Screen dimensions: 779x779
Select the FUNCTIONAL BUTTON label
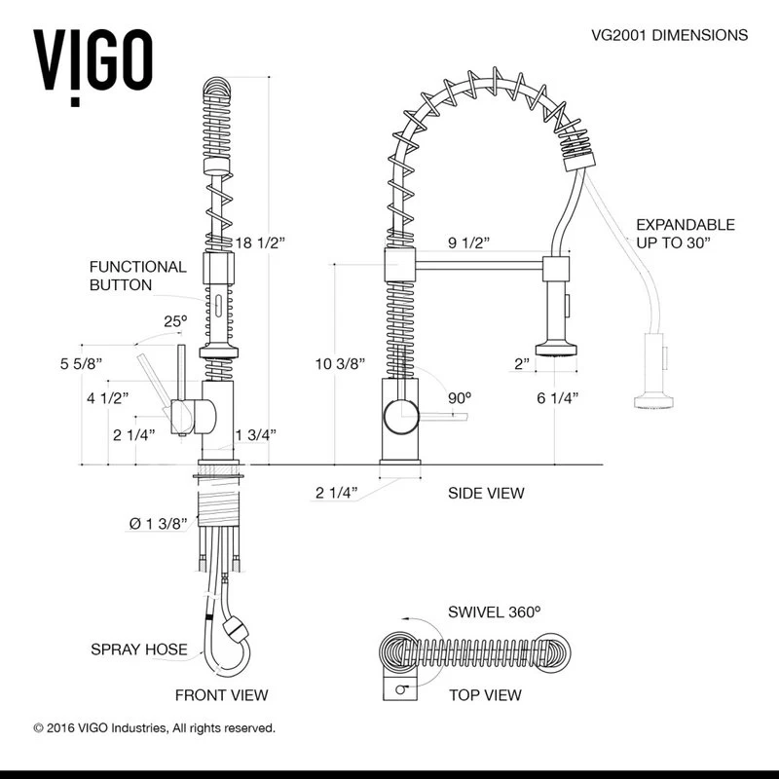click(137, 276)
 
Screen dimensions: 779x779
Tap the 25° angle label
click(174, 320)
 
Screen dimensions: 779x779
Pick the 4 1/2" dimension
click(108, 397)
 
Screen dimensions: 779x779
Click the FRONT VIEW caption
click(221, 695)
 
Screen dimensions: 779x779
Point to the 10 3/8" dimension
click(340, 364)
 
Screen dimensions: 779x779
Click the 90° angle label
click(458, 397)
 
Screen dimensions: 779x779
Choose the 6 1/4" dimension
click(558, 397)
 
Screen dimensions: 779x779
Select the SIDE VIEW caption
click(486, 493)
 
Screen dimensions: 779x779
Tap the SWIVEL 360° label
click(494, 612)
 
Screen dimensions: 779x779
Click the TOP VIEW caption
click(485, 695)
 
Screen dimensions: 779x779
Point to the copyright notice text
click(155, 727)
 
